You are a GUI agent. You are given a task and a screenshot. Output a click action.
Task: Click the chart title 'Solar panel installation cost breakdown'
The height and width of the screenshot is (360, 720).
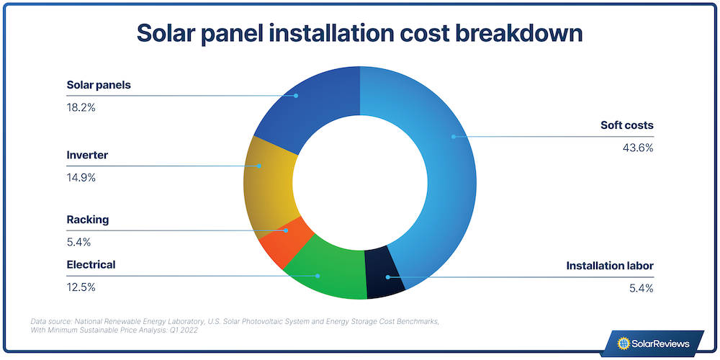pyautogui.click(x=359, y=34)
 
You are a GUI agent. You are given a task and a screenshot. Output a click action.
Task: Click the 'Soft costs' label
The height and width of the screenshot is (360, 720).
pyautogui.click(x=626, y=125)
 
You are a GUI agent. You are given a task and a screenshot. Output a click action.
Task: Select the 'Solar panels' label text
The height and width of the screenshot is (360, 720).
pyautogui.click(x=99, y=85)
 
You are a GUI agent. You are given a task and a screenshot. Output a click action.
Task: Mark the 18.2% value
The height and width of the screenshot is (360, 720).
pyautogui.click(x=81, y=108)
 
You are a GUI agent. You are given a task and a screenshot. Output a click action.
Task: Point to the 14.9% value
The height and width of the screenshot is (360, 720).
pyautogui.click(x=81, y=178)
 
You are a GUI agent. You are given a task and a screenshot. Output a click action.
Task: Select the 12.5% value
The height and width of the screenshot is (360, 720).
pyautogui.click(x=81, y=287)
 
